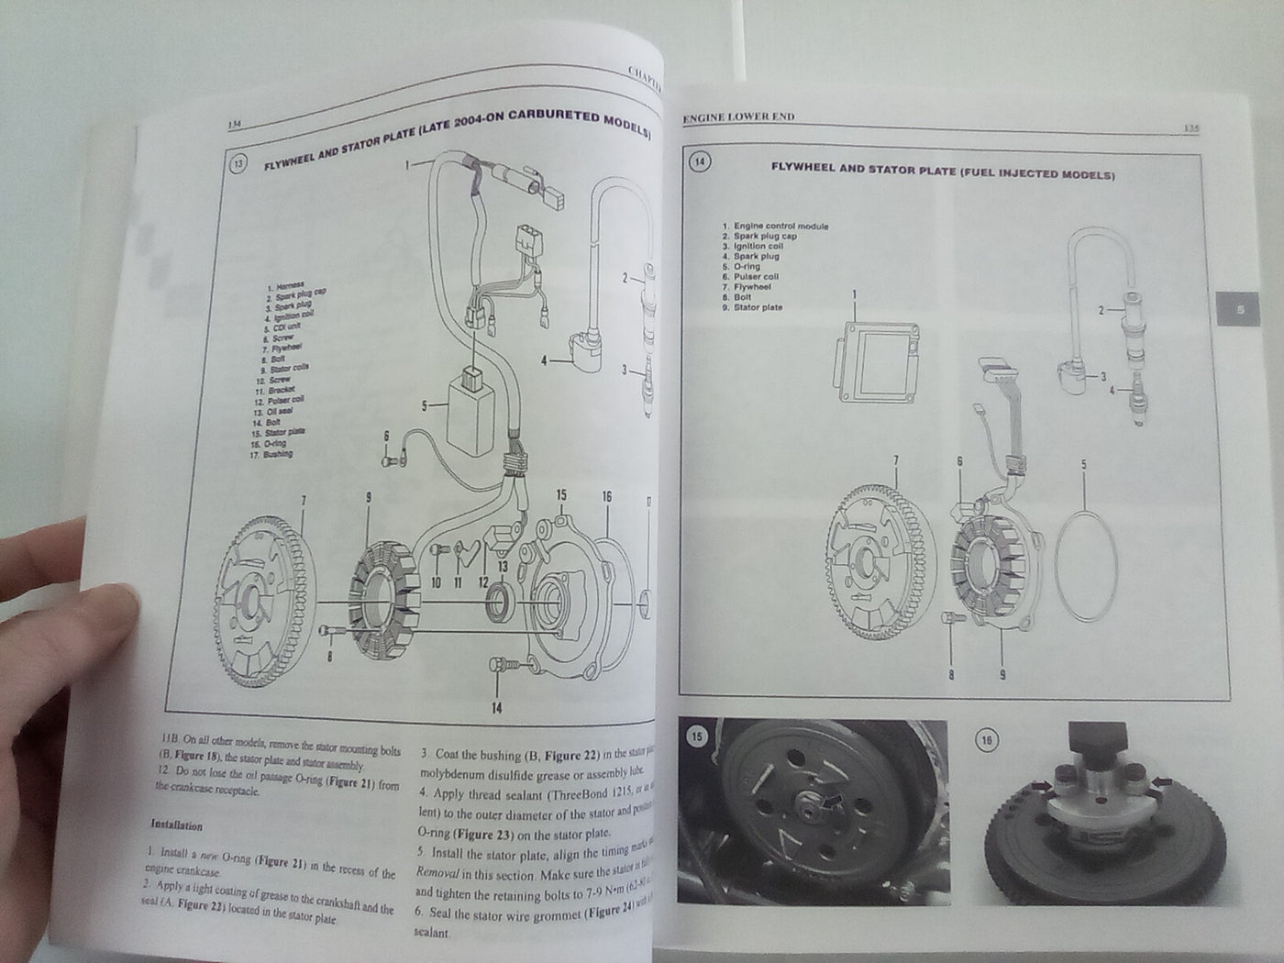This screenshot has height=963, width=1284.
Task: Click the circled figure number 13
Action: [238, 165]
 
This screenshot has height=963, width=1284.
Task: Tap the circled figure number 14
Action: [700, 162]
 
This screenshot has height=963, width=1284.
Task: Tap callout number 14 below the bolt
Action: [496, 706]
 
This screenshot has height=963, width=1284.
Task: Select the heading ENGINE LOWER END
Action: [738, 117]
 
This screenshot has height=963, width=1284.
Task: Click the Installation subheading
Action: [182, 826]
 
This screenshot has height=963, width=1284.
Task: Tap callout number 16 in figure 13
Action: [606, 496]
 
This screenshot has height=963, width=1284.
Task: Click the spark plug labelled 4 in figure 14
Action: [1141, 403]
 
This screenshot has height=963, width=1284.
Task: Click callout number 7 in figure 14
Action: [896, 461]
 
